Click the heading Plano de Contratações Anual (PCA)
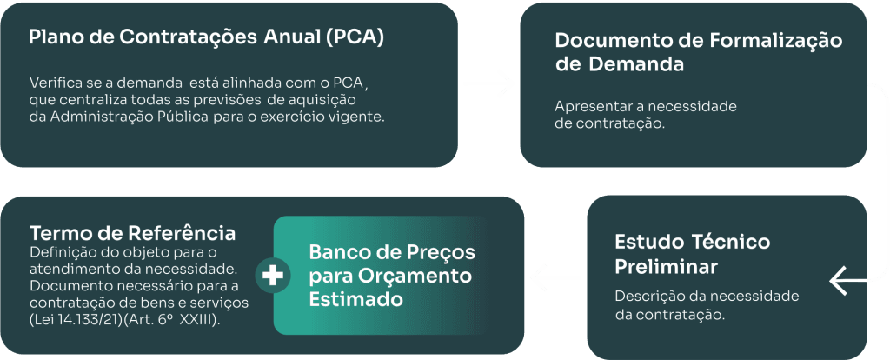point(206,39)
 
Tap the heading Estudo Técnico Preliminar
point(692,252)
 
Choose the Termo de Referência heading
point(132,233)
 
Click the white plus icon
point(273,276)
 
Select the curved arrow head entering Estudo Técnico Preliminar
point(842,281)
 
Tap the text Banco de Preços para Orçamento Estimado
point(392,276)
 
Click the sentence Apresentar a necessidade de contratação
point(645,115)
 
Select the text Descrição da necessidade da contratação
point(706,304)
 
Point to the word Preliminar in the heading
point(666,263)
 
